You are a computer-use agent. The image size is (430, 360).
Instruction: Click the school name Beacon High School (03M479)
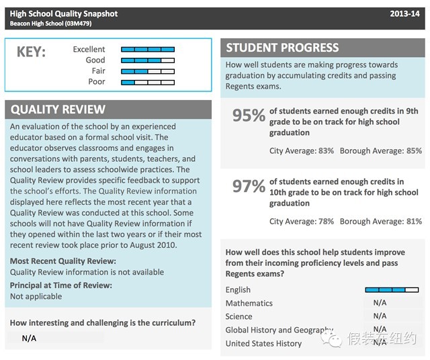51,24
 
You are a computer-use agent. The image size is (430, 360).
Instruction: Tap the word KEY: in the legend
30,52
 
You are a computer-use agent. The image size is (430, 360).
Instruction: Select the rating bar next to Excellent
147,49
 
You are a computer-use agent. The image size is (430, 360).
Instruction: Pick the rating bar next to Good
147,60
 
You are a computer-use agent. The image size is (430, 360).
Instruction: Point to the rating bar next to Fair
147,71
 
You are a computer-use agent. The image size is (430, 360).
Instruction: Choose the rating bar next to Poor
147,82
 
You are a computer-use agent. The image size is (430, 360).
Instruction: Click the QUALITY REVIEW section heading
58,109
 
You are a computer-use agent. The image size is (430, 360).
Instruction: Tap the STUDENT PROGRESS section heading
282,48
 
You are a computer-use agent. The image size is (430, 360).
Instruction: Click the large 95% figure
249,116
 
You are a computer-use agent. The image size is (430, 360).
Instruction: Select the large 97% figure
249,186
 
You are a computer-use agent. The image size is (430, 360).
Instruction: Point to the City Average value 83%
326,151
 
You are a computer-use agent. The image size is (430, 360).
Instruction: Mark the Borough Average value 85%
414,151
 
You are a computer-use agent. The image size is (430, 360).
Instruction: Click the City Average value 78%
326,222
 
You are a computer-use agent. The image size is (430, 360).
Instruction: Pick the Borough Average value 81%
414,222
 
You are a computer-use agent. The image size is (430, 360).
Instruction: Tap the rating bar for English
392,290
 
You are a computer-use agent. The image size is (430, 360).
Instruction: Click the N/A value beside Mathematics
380,303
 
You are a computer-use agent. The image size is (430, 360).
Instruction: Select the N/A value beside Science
380,316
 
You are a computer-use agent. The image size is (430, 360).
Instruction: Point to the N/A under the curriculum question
29,338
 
